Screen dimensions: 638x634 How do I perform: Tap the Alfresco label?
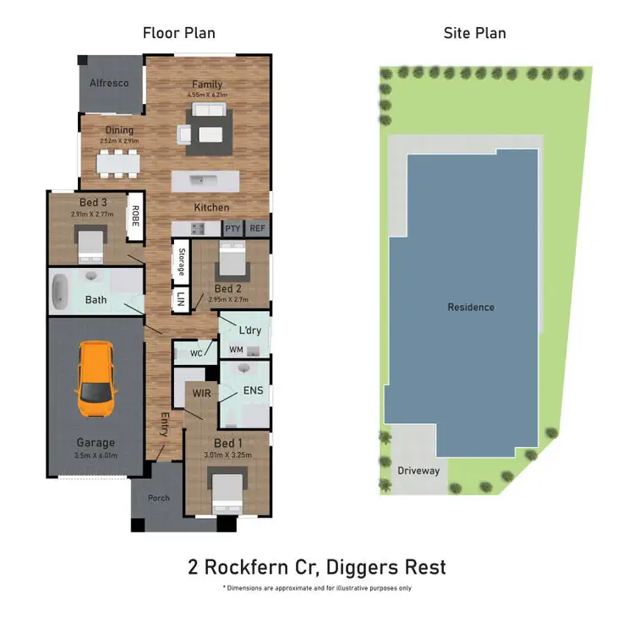coord(110,83)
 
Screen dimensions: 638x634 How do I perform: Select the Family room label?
coord(207,84)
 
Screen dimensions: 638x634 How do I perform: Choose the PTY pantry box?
coord(232,228)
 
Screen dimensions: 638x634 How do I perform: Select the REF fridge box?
coord(257,228)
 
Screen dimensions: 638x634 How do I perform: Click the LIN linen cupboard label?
coord(180,299)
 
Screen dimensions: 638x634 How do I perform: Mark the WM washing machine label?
coord(236,349)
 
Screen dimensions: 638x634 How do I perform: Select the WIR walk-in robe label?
coord(201,393)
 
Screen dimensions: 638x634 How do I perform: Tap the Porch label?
coord(159,498)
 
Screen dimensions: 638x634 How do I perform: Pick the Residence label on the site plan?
coord(471,307)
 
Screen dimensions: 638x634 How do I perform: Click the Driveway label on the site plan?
coord(418,470)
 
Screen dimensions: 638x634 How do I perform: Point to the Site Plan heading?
coord(474,33)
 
